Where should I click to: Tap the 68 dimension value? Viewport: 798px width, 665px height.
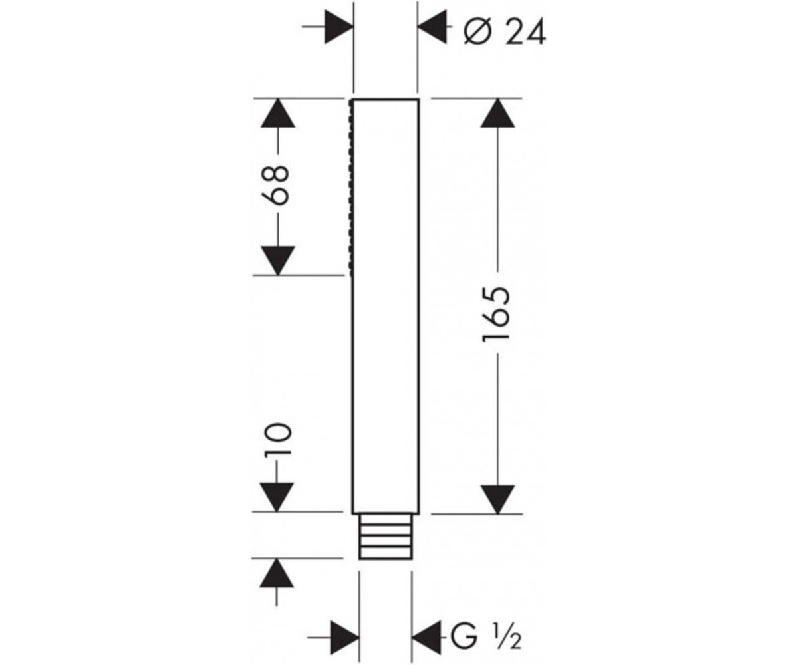(276, 186)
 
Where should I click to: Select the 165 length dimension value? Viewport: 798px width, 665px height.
(496, 313)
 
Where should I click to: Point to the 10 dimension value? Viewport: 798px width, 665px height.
(278, 438)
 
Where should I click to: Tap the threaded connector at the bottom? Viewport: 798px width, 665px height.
(385, 536)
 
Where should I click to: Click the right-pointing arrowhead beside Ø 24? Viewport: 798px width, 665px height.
(339, 27)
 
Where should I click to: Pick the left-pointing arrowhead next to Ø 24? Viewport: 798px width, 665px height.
(432, 27)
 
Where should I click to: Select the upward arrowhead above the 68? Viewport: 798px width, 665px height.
(278, 113)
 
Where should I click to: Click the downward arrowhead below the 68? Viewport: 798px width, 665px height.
(278, 261)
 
